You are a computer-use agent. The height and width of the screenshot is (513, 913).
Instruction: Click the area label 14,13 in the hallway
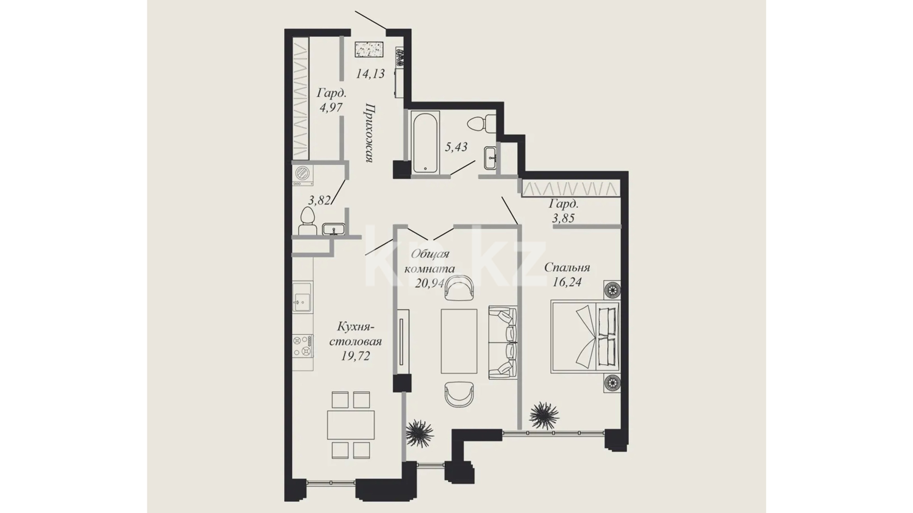pyautogui.click(x=370, y=74)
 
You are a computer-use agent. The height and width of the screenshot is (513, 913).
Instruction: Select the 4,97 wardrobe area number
pyautogui.click(x=331, y=107)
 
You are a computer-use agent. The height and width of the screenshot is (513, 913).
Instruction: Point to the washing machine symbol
pyautogui.click(x=303, y=175)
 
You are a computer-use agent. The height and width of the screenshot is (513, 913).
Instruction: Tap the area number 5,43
pyautogui.click(x=456, y=147)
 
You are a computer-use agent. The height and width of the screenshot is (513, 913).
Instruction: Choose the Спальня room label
pyautogui.click(x=567, y=267)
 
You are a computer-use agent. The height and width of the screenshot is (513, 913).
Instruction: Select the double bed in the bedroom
pyautogui.click(x=585, y=336)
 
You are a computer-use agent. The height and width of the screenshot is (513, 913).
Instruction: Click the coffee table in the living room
pyautogui.click(x=459, y=341)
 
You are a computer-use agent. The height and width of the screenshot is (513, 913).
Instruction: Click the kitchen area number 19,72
pyautogui.click(x=355, y=356)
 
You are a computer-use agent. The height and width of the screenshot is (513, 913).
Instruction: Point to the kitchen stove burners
pyautogui.click(x=303, y=346)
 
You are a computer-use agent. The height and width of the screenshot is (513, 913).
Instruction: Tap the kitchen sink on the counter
pyautogui.click(x=302, y=297)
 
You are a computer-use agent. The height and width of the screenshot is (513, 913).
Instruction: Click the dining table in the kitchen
pyautogui.click(x=351, y=425)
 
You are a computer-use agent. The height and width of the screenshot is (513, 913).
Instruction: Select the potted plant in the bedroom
pyautogui.click(x=544, y=416)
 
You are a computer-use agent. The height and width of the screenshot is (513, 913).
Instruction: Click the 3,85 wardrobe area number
pyautogui.click(x=563, y=218)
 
